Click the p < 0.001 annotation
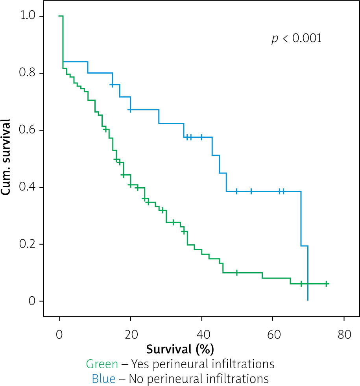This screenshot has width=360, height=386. point(297,39)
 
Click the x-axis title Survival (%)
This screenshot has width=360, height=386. point(180,349)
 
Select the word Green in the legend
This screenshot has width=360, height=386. point(101,364)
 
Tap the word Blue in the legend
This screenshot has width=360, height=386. point(103,379)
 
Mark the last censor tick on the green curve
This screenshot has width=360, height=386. point(326,284)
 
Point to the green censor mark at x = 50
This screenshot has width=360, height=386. point(237,272)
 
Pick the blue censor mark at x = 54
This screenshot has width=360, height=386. point(251,191)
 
